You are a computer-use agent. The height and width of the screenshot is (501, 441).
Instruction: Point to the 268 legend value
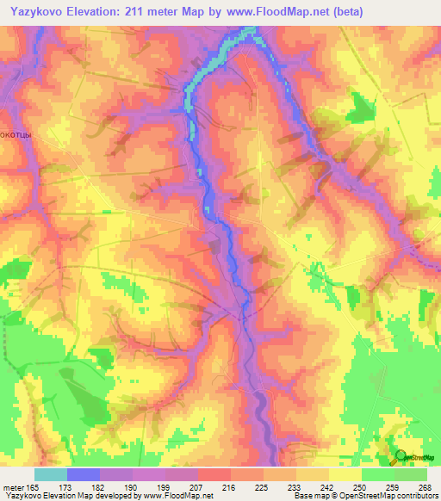point(424,485)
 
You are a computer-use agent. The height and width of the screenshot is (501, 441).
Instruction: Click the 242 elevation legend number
point(327,485)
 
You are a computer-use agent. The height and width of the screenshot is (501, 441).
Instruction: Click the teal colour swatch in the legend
point(51,474)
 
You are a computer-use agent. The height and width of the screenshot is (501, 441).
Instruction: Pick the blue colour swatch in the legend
point(84,474)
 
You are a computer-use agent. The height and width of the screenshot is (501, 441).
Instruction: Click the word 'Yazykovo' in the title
point(34,12)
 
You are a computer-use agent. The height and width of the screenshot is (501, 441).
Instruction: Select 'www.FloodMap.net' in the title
point(272,12)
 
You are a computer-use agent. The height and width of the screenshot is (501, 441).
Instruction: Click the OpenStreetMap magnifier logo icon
point(401,459)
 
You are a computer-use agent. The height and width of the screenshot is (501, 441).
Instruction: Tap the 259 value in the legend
point(392,485)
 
